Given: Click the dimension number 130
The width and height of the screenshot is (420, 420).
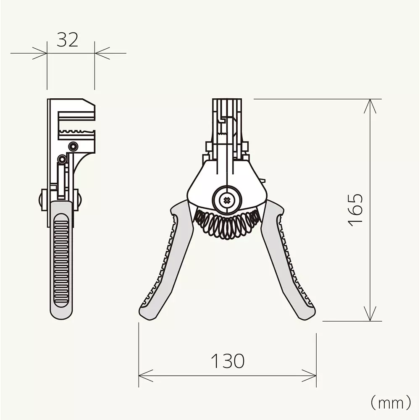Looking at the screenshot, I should [227, 360].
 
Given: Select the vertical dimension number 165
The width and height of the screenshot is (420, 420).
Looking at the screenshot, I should [356, 209].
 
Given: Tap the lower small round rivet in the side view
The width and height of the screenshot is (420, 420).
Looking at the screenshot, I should [63, 159].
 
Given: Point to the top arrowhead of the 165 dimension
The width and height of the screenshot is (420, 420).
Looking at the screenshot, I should [369, 103].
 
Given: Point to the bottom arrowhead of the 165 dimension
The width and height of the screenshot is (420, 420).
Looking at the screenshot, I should [369, 317].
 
